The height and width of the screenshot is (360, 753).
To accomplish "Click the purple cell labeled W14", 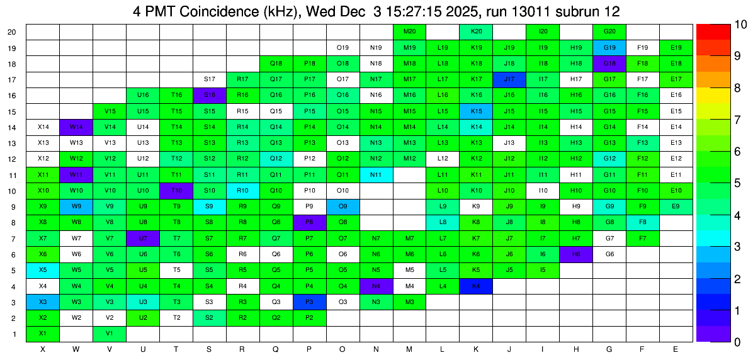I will point(76,127).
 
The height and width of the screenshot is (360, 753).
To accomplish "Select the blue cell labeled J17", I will point(509,79).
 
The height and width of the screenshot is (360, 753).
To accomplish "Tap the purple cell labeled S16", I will point(210,95).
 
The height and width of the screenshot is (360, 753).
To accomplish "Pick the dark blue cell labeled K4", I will point(476,286).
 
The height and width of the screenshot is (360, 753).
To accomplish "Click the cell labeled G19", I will point(609,48).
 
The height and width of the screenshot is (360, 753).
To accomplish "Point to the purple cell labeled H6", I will point(576,254).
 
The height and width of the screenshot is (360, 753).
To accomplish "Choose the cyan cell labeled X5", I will point(43,270).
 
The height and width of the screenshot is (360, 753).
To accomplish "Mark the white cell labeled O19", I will point(343,48).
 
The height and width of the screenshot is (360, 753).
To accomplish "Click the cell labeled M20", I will point(409,31).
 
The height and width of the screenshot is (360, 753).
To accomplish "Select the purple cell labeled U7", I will point(143,239).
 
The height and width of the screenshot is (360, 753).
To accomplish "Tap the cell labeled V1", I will point(110,334).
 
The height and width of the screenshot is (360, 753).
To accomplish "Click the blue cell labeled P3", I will point(309,302).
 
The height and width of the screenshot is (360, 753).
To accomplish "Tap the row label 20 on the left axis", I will point(13,32).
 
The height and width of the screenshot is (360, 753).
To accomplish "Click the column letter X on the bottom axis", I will point(43,349).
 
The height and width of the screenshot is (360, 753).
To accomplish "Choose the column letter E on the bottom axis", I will point(676,349).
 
